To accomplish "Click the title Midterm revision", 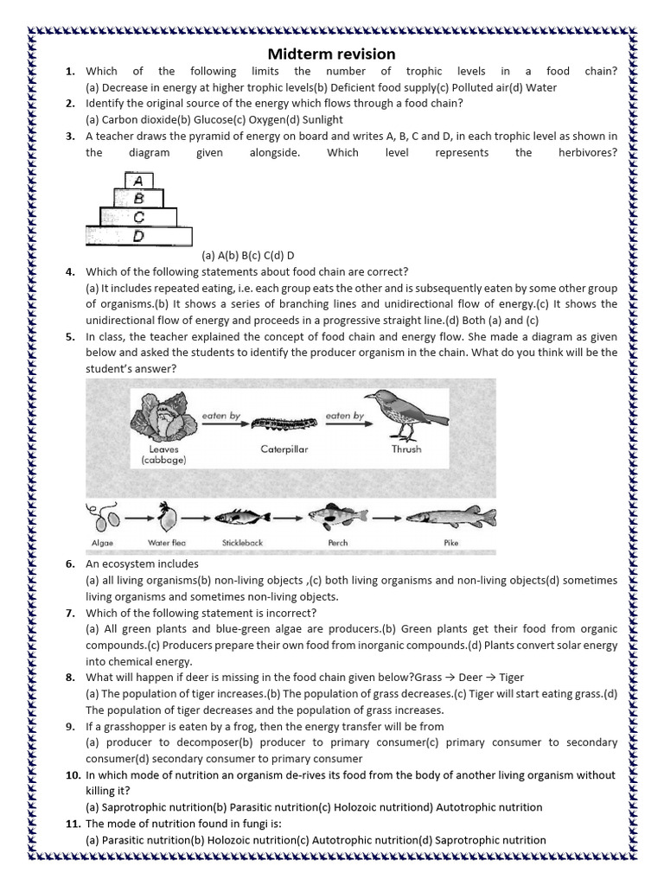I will (x=331, y=54).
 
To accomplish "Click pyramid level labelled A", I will (x=138, y=181).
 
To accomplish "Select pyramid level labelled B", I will (x=138, y=198).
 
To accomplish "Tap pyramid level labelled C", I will (x=138, y=216).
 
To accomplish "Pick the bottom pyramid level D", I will (x=138, y=235).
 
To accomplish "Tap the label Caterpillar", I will (x=284, y=449).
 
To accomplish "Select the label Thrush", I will (x=406, y=449).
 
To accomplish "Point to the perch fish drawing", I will (x=338, y=517).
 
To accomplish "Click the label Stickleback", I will (x=242, y=543).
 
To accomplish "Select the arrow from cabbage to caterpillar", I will (x=221, y=425).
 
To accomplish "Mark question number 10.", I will (x=73, y=775).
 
